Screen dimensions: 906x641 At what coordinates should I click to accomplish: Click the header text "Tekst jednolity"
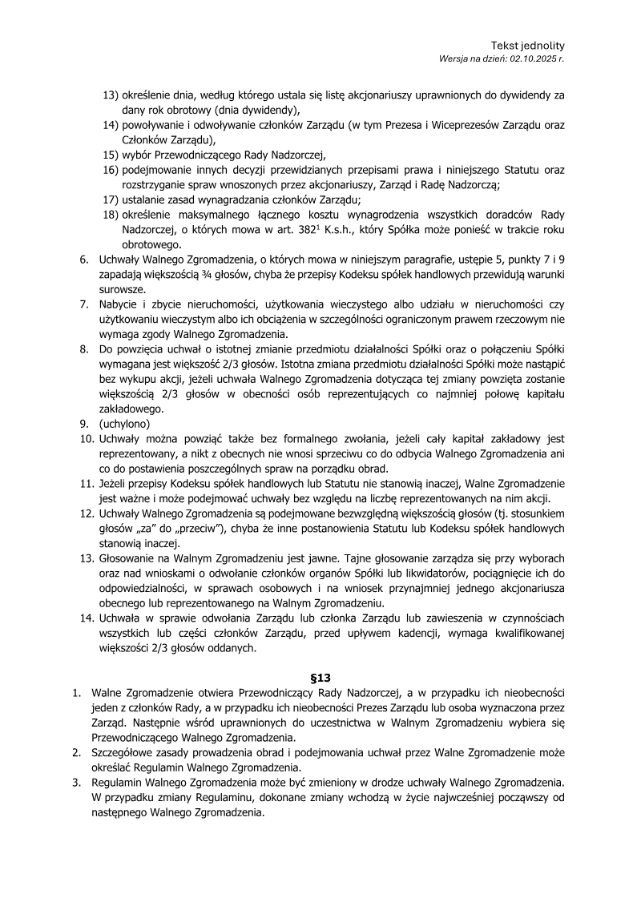(x=527, y=46)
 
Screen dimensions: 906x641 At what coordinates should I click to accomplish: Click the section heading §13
(x=320, y=677)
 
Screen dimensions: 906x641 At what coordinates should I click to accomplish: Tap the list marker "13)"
(x=111, y=95)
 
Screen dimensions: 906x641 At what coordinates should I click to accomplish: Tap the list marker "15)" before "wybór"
(x=111, y=155)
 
